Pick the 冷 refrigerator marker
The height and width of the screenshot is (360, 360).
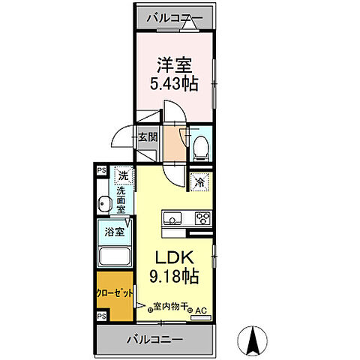coord(201,181)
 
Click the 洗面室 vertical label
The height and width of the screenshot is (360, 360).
coord(121,201)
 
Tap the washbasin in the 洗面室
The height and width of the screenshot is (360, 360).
coord(103,203)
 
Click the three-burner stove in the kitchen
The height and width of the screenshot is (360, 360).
coord(202,219)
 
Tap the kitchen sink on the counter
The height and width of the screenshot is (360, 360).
coord(171,219)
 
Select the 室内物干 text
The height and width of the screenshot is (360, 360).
coord(170,306)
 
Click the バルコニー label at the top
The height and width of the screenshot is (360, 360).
coord(172,16)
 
